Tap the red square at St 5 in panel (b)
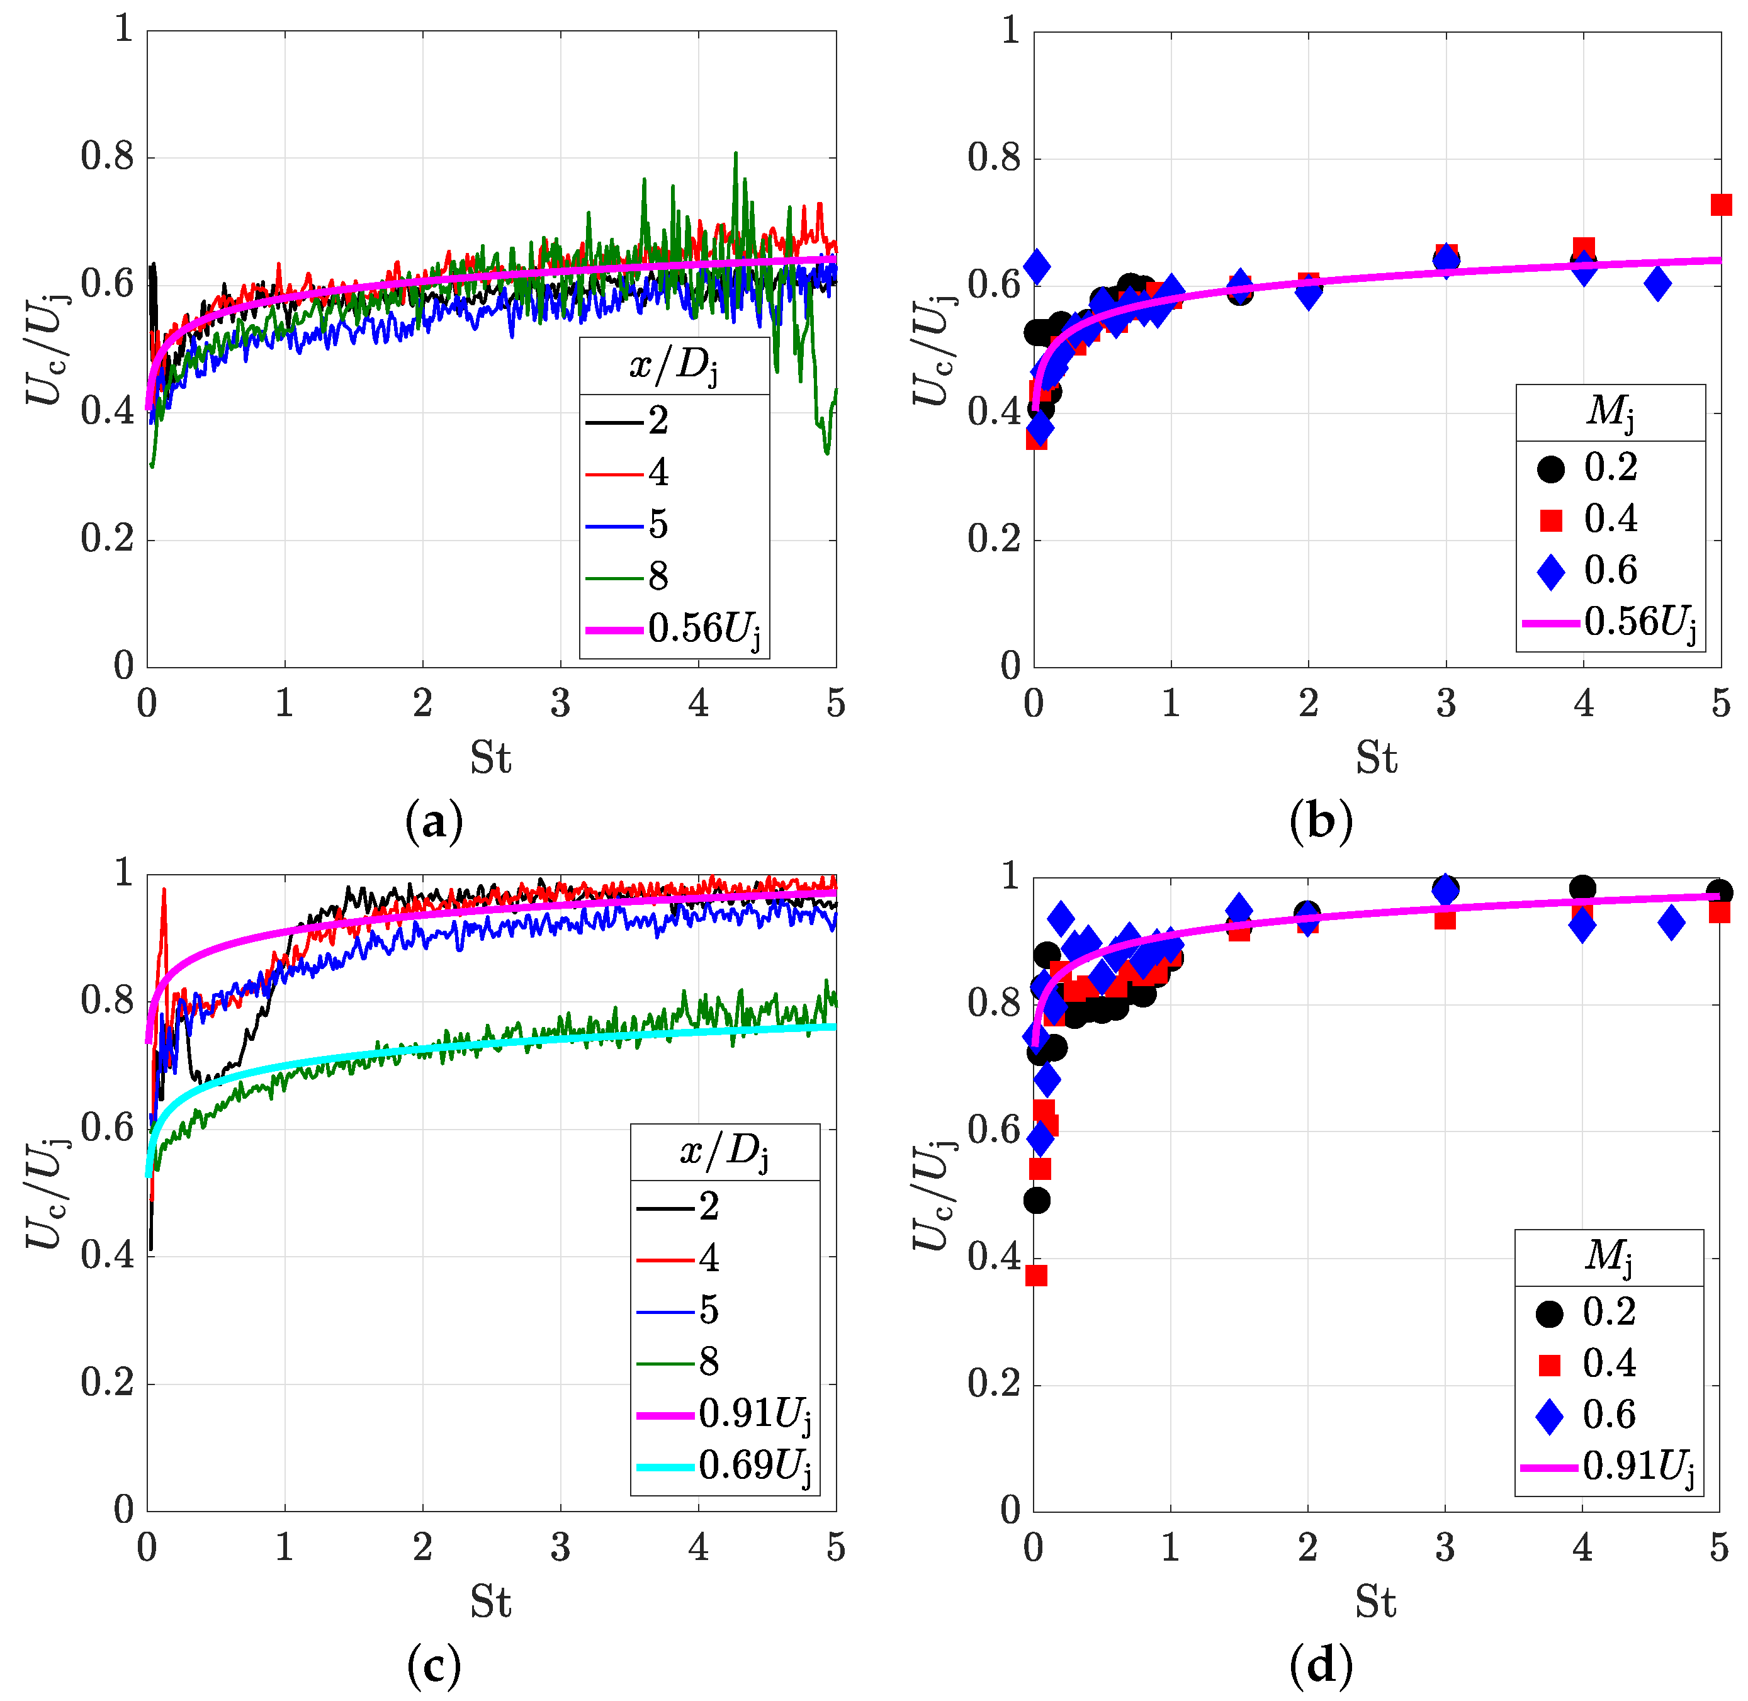pyautogui.click(x=1720, y=205)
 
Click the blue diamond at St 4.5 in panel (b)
pyautogui.click(x=1657, y=284)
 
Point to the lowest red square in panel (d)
pyautogui.click(x=1035, y=1275)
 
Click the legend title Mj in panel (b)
pyautogui.click(x=1610, y=412)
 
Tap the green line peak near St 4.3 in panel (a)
pyautogui.click(x=735, y=154)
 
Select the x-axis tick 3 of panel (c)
pyautogui.click(x=560, y=1547)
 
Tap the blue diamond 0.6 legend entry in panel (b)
pyautogui.click(x=1589, y=571)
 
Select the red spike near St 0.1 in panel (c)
pyautogui.click(x=164, y=890)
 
